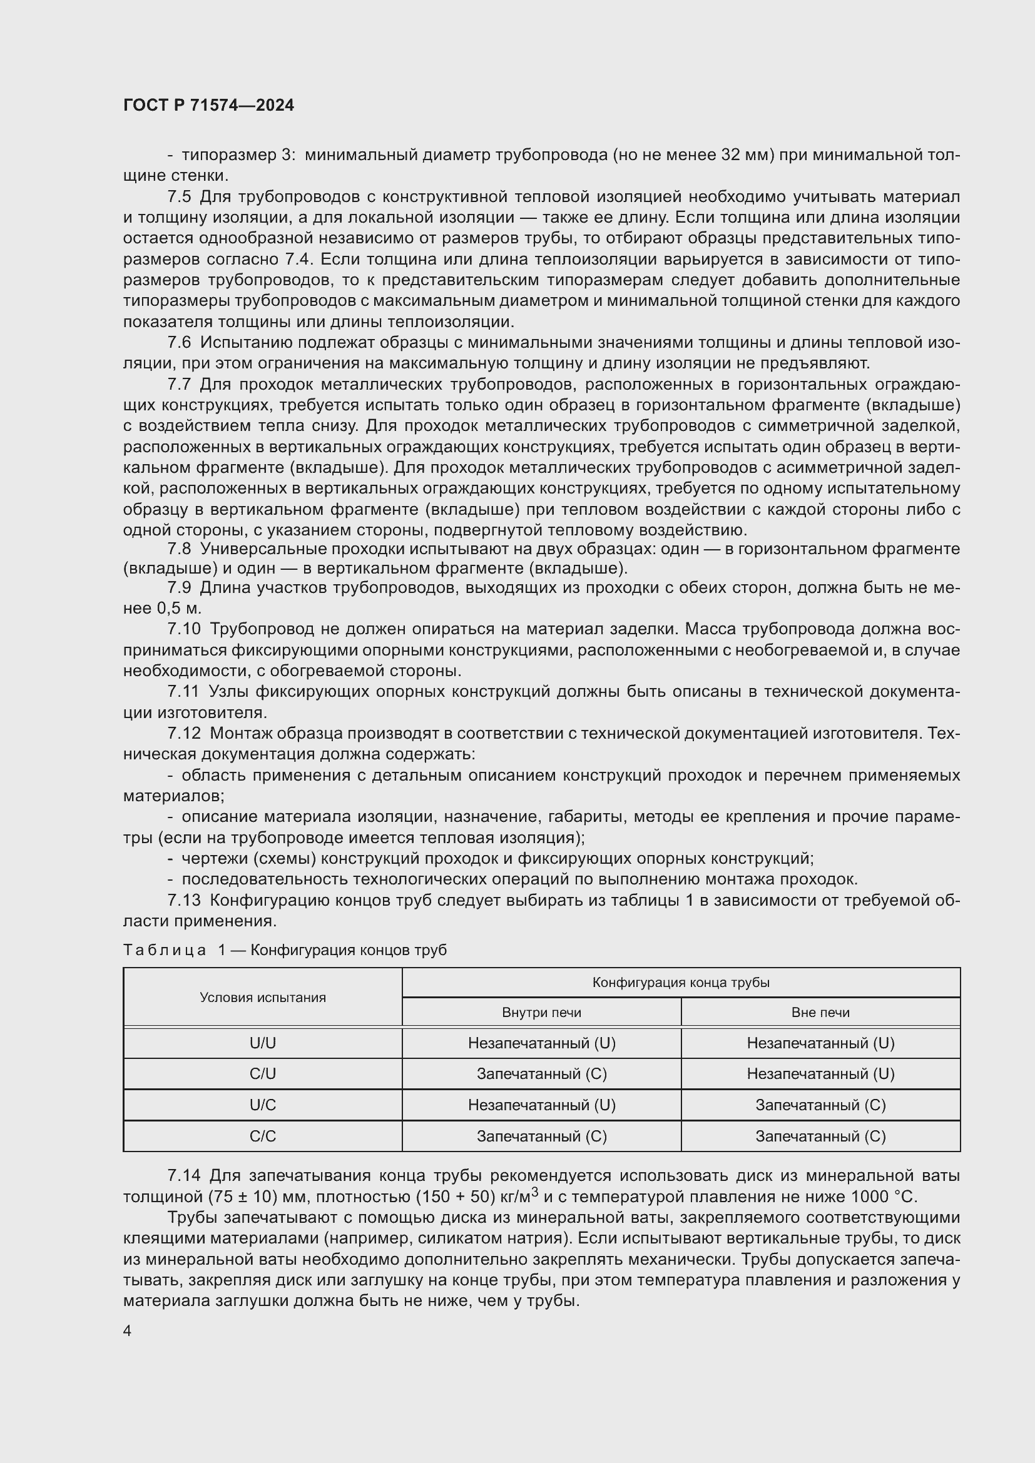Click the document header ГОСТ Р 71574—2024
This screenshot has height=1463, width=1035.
[x=208, y=105]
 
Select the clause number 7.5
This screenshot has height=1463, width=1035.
[x=179, y=196]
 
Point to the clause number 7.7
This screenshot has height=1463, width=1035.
[x=179, y=384]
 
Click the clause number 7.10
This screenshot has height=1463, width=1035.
[x=183, y=629]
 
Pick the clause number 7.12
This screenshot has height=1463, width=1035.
[x=183, y=734]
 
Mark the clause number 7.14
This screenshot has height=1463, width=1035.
[x=183, y=1176]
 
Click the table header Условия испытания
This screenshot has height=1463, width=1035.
[x=263, y=998]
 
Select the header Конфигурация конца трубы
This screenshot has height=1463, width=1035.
[x=681, y=983]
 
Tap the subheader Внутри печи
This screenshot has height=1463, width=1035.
[x=541, y=1013]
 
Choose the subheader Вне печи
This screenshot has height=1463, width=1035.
[x=820, y=1013]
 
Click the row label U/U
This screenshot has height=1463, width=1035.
[x=263, y=1043]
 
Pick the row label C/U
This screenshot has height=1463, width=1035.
[x=263, y=1075]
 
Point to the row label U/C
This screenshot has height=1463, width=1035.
[x=263, y=1105]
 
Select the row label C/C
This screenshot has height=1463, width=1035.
[x=263, y=1136]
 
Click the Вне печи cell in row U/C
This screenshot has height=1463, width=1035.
[x=820, y=1105]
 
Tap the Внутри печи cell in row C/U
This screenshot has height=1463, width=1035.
[x=541, y=1075]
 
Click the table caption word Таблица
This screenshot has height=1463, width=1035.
[x=165, y=950]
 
